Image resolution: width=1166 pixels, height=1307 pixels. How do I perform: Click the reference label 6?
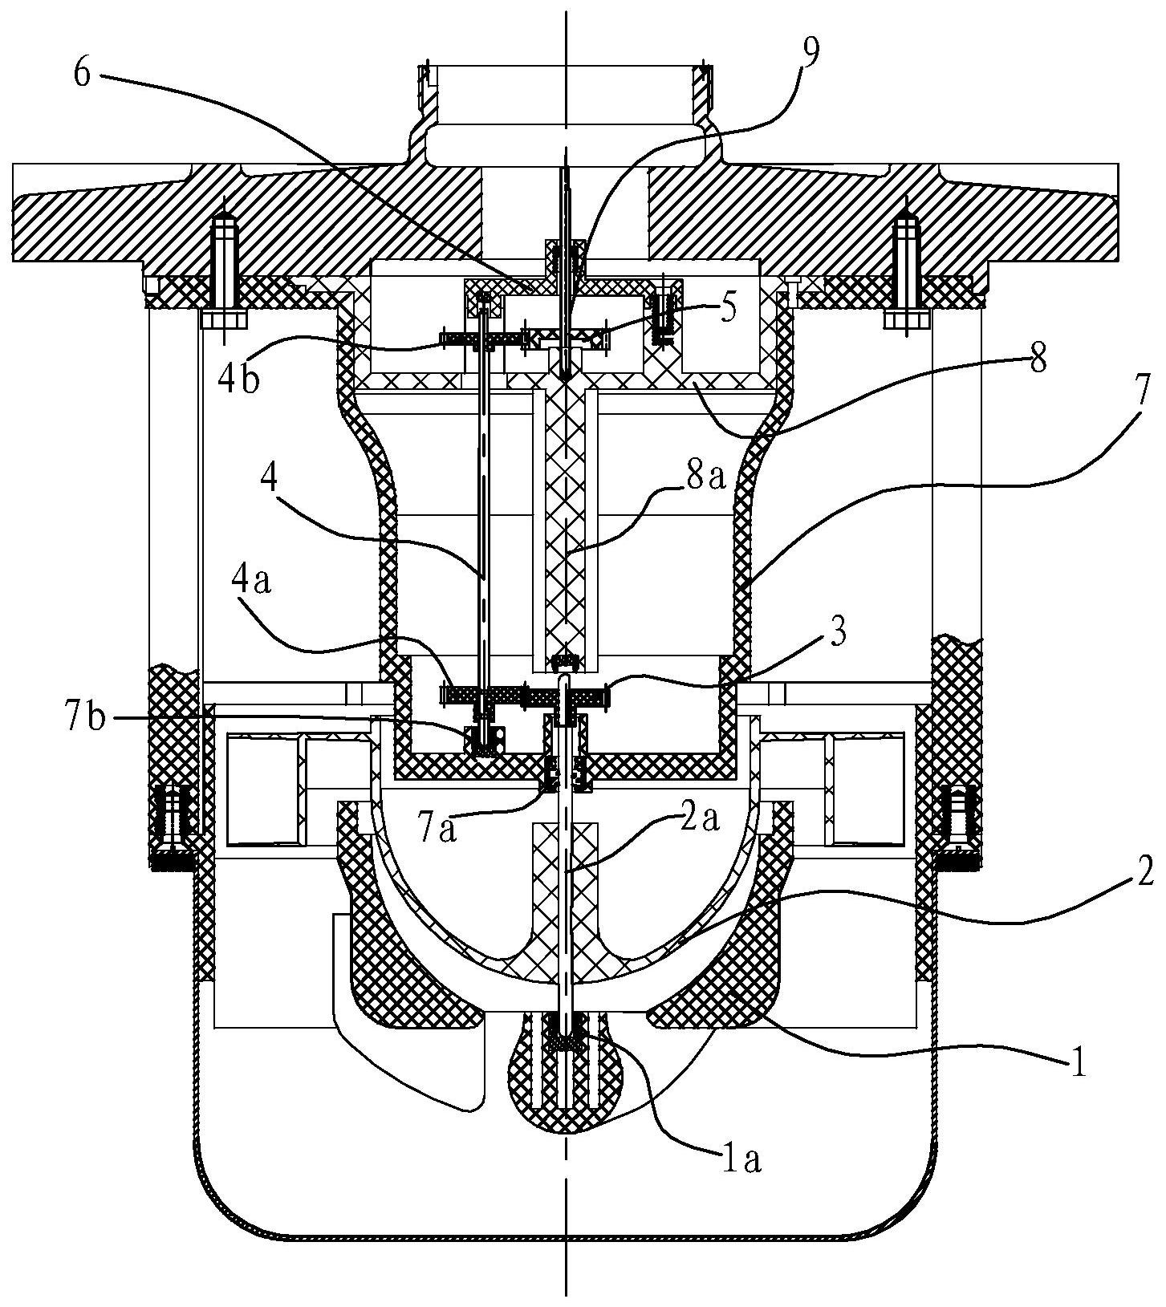[x=83, y=73]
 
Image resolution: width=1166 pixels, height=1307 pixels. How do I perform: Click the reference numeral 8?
[x=1038, y=361]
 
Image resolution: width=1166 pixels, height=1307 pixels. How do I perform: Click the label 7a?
[x=437, y=829]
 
